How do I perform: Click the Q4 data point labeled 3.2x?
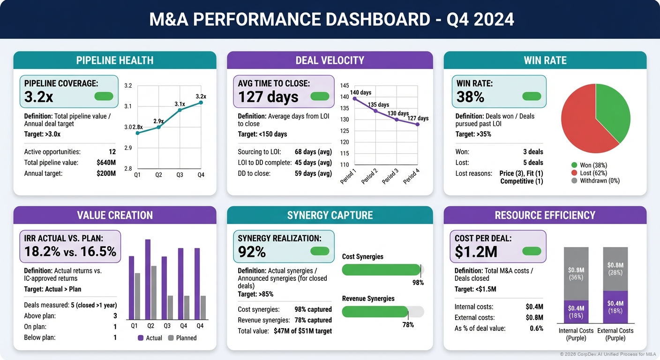click(201, 102)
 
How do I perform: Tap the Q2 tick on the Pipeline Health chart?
click(158, 175)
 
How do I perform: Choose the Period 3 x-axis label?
click(390, 176)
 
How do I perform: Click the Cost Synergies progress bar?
click(382, 270)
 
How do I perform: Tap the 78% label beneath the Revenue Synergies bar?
click(408, 324)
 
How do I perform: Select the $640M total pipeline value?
click(105, 163)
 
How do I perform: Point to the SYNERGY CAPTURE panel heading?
click(330, 215)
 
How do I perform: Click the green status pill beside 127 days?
click(320, 96)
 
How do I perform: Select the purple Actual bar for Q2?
click(148, 279)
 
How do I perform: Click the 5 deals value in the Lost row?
click(532, 163)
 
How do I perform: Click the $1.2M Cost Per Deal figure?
click(476, 252)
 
